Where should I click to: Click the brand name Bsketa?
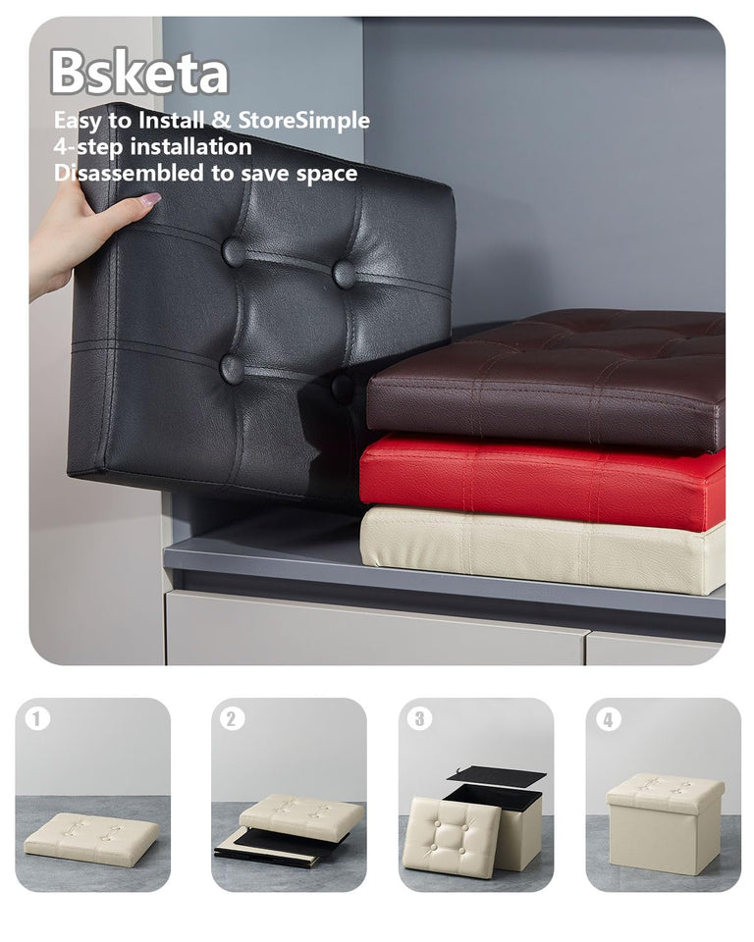[x=138, y=73]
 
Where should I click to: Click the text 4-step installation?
[x=152, y=146]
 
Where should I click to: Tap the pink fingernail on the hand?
[x=149, y=199]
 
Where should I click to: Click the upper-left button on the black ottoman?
[x=234, y=252]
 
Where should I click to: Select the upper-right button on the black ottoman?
[x=344, y=274]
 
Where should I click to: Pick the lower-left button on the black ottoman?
[x=232, y=368]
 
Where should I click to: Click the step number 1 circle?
[x=36, y=719]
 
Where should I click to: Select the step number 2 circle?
[x=232, y=719]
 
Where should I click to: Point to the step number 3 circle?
[x=419, y=719]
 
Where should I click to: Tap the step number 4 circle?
[x=608, y=719]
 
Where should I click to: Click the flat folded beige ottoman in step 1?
[x=91, y=837]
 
